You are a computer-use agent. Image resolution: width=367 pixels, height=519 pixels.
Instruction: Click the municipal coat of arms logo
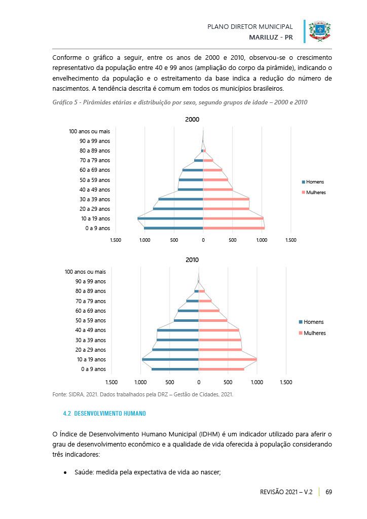[320, 31]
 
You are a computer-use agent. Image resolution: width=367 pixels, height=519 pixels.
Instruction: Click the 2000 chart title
[192, 120]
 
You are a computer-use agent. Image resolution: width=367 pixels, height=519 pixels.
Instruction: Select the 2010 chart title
[192, 260]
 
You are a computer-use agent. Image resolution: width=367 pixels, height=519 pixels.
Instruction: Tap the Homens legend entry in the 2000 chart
[313, 182]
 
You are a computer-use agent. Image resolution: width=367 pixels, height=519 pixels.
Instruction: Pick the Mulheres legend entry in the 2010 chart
[312, 333]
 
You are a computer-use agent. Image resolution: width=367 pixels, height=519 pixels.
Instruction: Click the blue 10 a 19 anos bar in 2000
[170, 218]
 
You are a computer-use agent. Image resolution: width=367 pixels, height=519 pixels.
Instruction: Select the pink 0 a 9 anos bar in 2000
[234, 228]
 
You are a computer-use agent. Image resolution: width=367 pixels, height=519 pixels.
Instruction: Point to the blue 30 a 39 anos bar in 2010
[178, 340]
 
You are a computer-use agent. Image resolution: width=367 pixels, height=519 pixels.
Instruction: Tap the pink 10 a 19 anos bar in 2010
[228, 359]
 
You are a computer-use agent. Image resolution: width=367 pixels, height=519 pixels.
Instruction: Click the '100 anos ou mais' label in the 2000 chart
[89, 131]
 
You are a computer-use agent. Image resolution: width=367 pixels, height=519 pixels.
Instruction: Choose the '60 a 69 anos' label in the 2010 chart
[90, 311]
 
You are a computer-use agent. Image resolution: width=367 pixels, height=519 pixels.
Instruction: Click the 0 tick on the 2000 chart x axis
[203, 240]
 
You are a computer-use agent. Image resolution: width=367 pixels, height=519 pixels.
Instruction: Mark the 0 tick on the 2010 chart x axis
[199, 382]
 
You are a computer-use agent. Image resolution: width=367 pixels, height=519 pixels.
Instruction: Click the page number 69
[328, 492]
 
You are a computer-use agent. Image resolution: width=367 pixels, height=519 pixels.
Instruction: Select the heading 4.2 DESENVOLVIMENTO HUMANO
[104, 414]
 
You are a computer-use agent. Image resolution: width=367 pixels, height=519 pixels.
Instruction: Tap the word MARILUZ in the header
[264, 38]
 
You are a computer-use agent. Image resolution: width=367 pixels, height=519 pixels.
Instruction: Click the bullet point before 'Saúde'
[65, 473]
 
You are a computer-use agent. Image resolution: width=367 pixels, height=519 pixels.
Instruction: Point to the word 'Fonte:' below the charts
[60, 394]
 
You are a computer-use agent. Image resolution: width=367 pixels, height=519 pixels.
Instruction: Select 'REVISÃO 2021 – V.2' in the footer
[286, 492]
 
